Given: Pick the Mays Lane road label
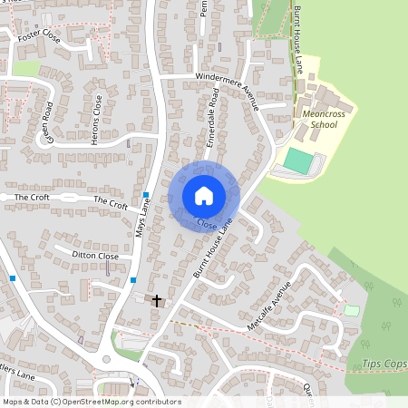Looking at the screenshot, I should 143,220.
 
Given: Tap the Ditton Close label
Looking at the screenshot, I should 96,257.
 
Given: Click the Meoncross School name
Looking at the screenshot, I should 323,119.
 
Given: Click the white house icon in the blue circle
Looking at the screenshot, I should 204,195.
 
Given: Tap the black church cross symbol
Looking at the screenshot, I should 157,300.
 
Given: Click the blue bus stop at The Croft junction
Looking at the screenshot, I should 145,195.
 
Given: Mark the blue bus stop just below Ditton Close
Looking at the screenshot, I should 133,279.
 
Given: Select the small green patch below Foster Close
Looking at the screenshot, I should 26,68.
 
